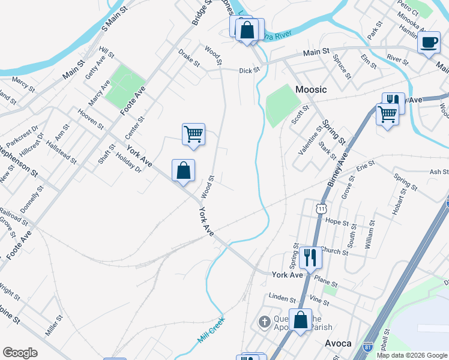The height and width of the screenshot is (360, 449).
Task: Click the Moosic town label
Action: click(312, 89)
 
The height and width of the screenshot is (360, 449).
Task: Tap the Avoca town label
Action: click(337, 344)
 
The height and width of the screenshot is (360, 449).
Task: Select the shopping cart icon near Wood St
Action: click(193, 134)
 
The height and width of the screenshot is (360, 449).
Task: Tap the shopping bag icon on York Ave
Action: click(183, 170)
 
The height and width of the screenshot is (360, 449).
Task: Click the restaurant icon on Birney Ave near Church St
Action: click(310, 257)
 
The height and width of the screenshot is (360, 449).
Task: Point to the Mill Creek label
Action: click(211, 329)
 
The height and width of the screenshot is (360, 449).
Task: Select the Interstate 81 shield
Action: click(368, 347)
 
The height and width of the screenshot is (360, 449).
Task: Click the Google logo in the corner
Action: click(20, 353)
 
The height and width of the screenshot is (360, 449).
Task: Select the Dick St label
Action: click(249, 70)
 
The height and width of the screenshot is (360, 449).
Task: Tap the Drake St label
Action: click(188, 58)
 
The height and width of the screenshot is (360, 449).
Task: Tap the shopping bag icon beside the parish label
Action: click(300, 319)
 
